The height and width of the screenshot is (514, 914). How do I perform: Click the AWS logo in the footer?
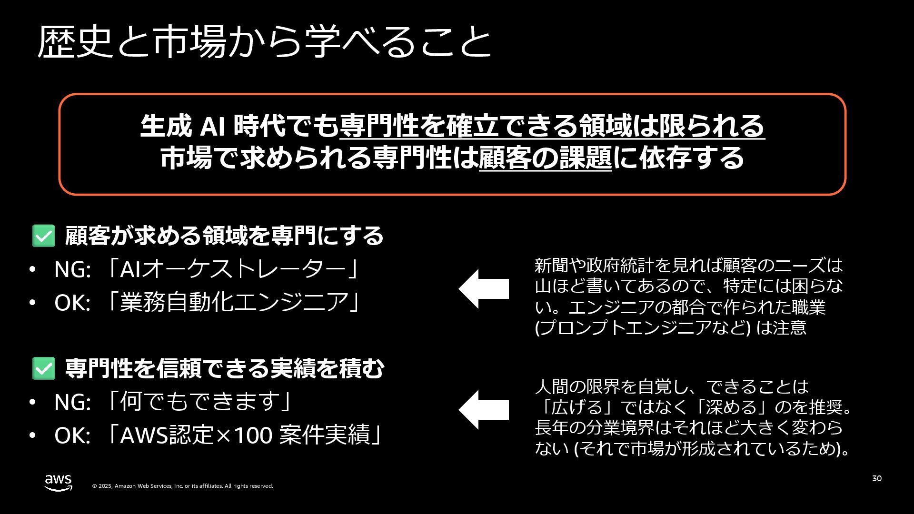click(x=58, y=483)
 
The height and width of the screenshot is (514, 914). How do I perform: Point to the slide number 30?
click(x=876, y=478)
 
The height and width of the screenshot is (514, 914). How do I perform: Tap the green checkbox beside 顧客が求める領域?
click(x=43, y=236)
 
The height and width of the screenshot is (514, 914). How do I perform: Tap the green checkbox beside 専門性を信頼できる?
click(x=43, y=369)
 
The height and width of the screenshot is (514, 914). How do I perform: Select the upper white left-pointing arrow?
click(x=484, y=289)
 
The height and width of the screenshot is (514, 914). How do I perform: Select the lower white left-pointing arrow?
click(x=484, y=410)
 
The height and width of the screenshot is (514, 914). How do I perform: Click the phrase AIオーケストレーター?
click(x=233, y=269)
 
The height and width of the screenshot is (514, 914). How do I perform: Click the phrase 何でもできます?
click(x=199, y=402)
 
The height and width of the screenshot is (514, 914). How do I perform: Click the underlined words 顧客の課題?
click(x=545, y=158)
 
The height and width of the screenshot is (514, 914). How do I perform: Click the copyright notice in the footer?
click(x=182, y=486)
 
